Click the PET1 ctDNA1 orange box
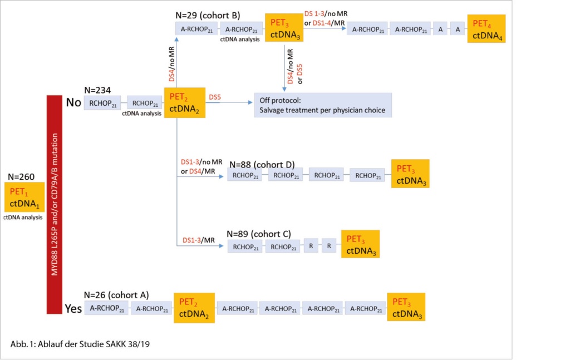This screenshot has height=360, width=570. (24, 197)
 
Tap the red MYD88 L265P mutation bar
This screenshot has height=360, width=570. (53, 204)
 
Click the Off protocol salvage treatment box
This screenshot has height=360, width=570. (323, 105)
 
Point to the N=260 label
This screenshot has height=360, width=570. (22, 177)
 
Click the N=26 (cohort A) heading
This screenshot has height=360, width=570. (116, 294)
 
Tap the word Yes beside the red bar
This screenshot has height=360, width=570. (73, 308)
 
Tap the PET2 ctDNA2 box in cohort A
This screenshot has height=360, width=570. (194, 308)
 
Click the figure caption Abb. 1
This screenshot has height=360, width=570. (80, 343)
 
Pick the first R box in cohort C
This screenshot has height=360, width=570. (311, 246)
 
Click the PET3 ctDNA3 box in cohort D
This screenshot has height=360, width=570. (410, 174)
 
